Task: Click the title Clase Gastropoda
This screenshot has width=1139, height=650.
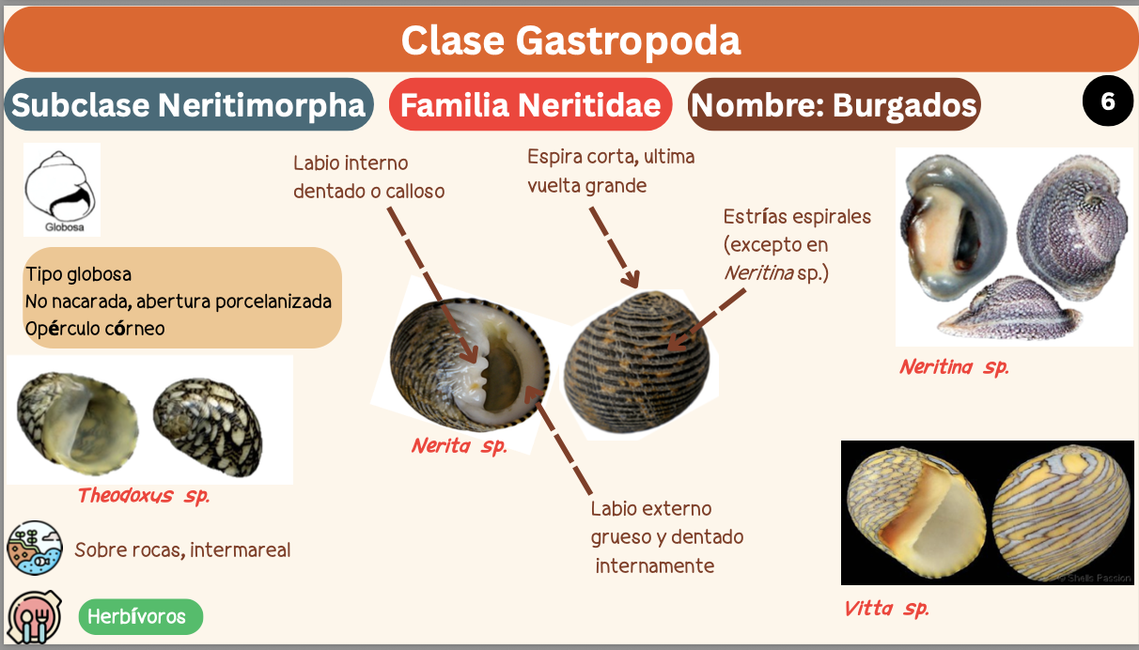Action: tap(569, 39)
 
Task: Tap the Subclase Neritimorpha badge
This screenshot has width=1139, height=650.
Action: tap(189, 104)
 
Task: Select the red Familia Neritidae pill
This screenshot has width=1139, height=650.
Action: tap(530, 104)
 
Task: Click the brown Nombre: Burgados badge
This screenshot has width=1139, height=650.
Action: tap(834, 104)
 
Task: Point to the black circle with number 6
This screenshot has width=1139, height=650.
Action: tap(1107, 101)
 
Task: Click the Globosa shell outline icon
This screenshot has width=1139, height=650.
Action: tap(61, 189)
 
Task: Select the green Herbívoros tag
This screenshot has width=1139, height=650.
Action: tap(141, 617)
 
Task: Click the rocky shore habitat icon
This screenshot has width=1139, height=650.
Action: tap(34, 549)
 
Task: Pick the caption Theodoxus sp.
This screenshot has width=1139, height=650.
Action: tap(143, 496)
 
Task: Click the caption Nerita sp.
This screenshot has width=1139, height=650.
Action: tap(459, 446)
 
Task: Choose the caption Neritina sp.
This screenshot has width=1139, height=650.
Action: tap(953, 367)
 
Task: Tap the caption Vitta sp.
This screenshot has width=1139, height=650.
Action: tap(886, 609)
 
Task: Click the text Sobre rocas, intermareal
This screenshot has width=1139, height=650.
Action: tap(182, 549)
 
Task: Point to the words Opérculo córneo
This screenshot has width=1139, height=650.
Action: tap(95, 328)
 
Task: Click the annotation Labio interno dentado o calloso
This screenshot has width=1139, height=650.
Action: tap(368, 177)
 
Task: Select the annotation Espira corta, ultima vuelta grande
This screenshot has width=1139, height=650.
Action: tap(611, 171)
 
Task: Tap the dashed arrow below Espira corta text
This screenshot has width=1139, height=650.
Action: tap(613, 246)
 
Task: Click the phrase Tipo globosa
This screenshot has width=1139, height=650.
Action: tap(79, 274)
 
